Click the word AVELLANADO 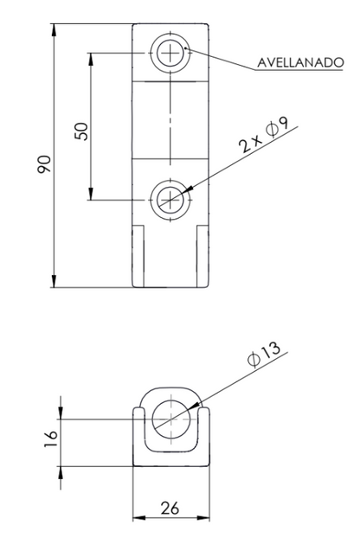(x=300, y=62)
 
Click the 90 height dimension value (x=44, y=164)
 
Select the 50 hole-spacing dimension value (x=81, y=131)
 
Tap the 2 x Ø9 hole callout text (x=265, y=135)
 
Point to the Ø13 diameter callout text (x=265, y=354)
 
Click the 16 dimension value (x=51, y=438)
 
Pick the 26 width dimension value (x=170, y=509)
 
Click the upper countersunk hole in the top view (x=170, y=53)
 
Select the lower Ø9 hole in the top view (x=170, y=200)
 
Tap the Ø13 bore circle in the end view (x=171, y=419)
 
